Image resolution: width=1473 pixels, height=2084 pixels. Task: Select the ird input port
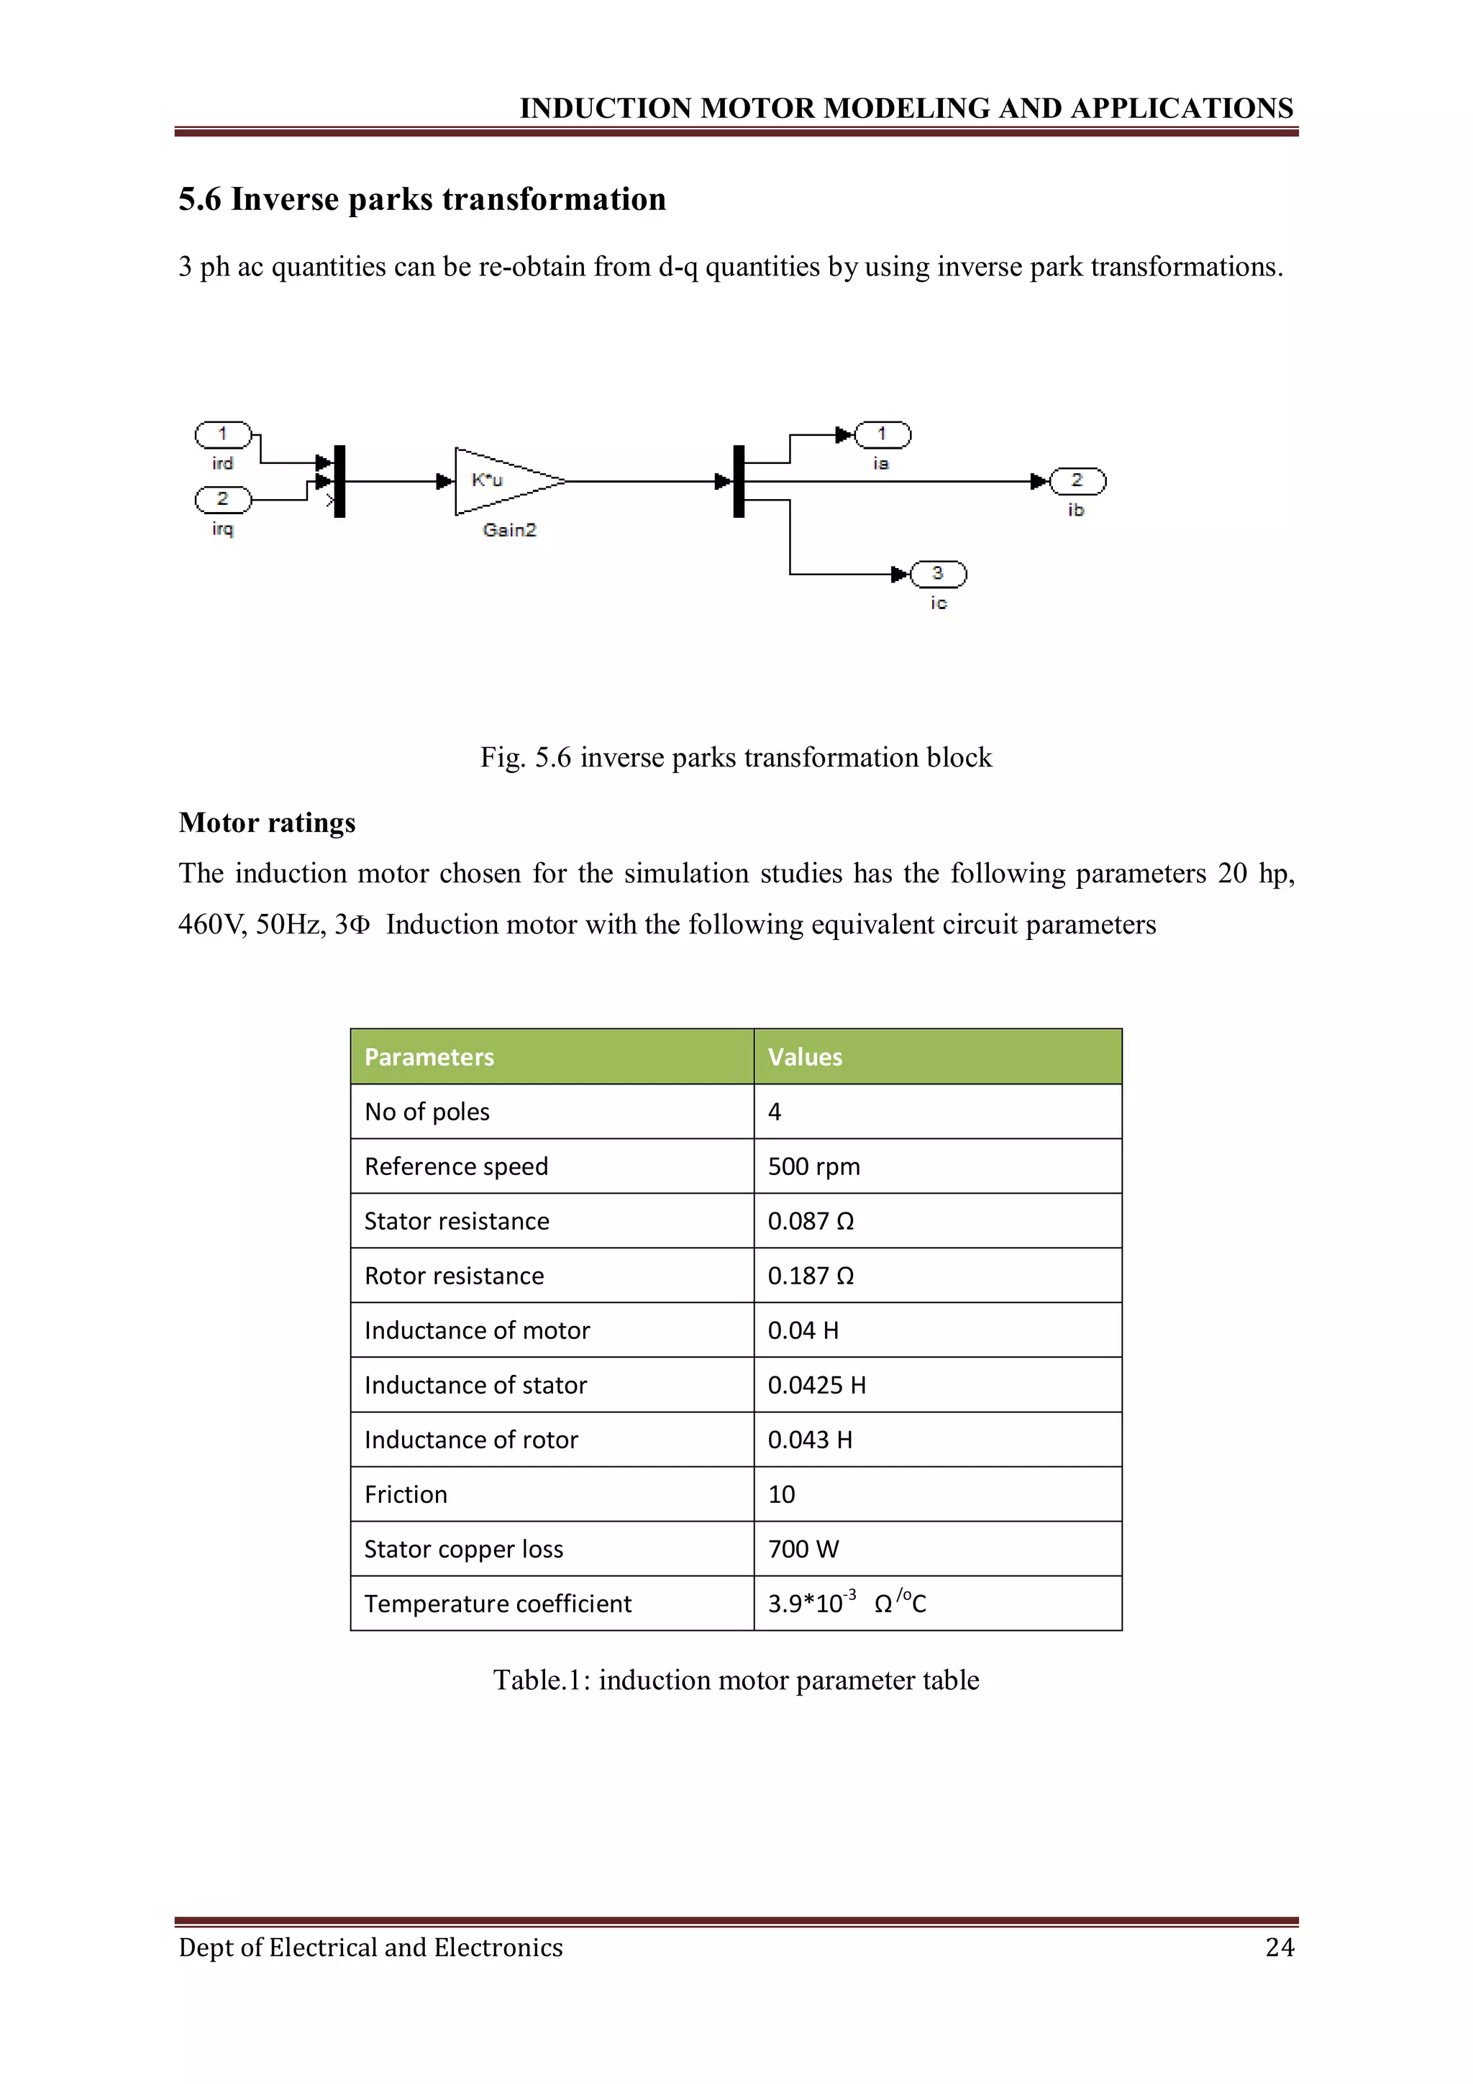(x=222, y=435)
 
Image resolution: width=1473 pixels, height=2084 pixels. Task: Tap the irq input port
(x=222, y=499)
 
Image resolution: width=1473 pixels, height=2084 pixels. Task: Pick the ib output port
(x=1077, y=481)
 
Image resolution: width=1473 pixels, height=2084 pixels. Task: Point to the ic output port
(x=939, y=574)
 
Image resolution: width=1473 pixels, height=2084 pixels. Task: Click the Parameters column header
(x=429, y=1056)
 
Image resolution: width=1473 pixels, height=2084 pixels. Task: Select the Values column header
(x=805, y=1056)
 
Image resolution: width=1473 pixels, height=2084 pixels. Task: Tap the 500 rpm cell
(x=814, y=1166)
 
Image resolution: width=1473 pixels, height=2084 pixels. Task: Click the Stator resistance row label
(x=457, y=1221)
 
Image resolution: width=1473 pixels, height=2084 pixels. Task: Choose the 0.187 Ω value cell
(x=811, y=1275)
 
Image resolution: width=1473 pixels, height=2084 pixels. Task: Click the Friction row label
(x=406, y=1494)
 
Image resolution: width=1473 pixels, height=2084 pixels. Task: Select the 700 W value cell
(x=803, y=1548)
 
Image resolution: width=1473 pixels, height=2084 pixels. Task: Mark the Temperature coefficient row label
(x=497, y=1604)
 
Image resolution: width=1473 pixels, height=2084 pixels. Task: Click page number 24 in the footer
(x=1279, y=1947)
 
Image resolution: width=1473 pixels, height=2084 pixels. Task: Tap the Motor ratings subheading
(x=267, y=823)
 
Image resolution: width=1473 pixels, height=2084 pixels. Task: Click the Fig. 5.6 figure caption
(x=736, y=757)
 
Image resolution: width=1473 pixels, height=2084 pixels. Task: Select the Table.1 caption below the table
(x=736, y=1680)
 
